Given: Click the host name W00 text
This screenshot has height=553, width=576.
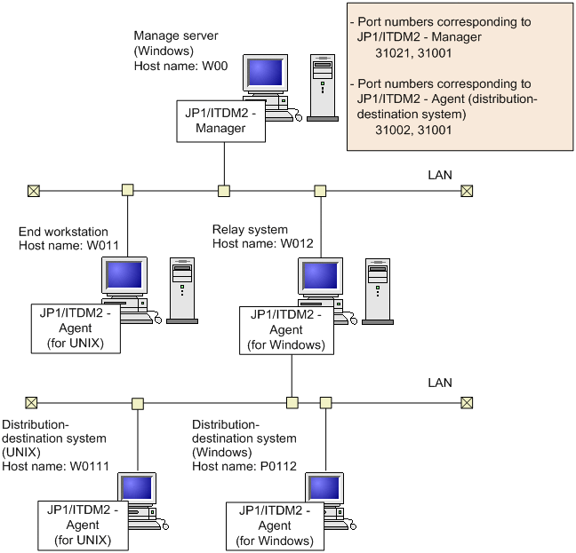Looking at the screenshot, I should pyautogui.click(x=170, y=67).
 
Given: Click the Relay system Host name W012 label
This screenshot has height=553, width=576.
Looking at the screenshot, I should pyautogui.click(x=256, y=237).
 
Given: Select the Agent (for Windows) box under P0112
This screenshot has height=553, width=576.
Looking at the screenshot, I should pyautogui.click(x=274, y=526).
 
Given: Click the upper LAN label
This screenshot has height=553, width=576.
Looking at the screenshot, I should pyautogui.click(x=440, y=175).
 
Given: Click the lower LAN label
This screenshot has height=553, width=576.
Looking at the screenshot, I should pyautogui.click(x=440, y=383).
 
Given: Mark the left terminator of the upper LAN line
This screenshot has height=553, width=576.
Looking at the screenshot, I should pyautogui.click(x=33, y=190).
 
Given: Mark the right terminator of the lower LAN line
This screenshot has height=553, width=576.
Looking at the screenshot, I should pyautogui.click(x=466, y=402).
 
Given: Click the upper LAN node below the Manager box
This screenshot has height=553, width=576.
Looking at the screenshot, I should pyautogui.click(x=224, y=190).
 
